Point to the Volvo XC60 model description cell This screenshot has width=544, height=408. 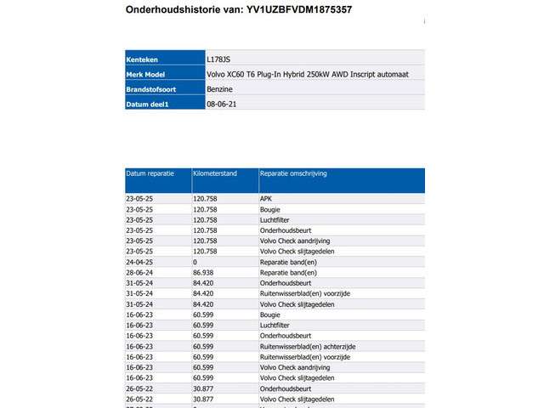point(307,75)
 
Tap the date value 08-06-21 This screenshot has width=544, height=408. point(220,104)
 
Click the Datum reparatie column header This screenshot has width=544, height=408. point(150,173)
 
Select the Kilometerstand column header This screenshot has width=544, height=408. point(215,173)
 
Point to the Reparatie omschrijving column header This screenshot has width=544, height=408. point(294,173)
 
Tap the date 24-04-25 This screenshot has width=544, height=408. point(139,262)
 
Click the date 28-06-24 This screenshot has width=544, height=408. point(139,273)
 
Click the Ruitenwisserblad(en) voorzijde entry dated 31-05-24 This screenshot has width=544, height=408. point(304,293)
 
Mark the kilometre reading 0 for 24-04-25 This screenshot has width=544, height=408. point(195,262)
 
